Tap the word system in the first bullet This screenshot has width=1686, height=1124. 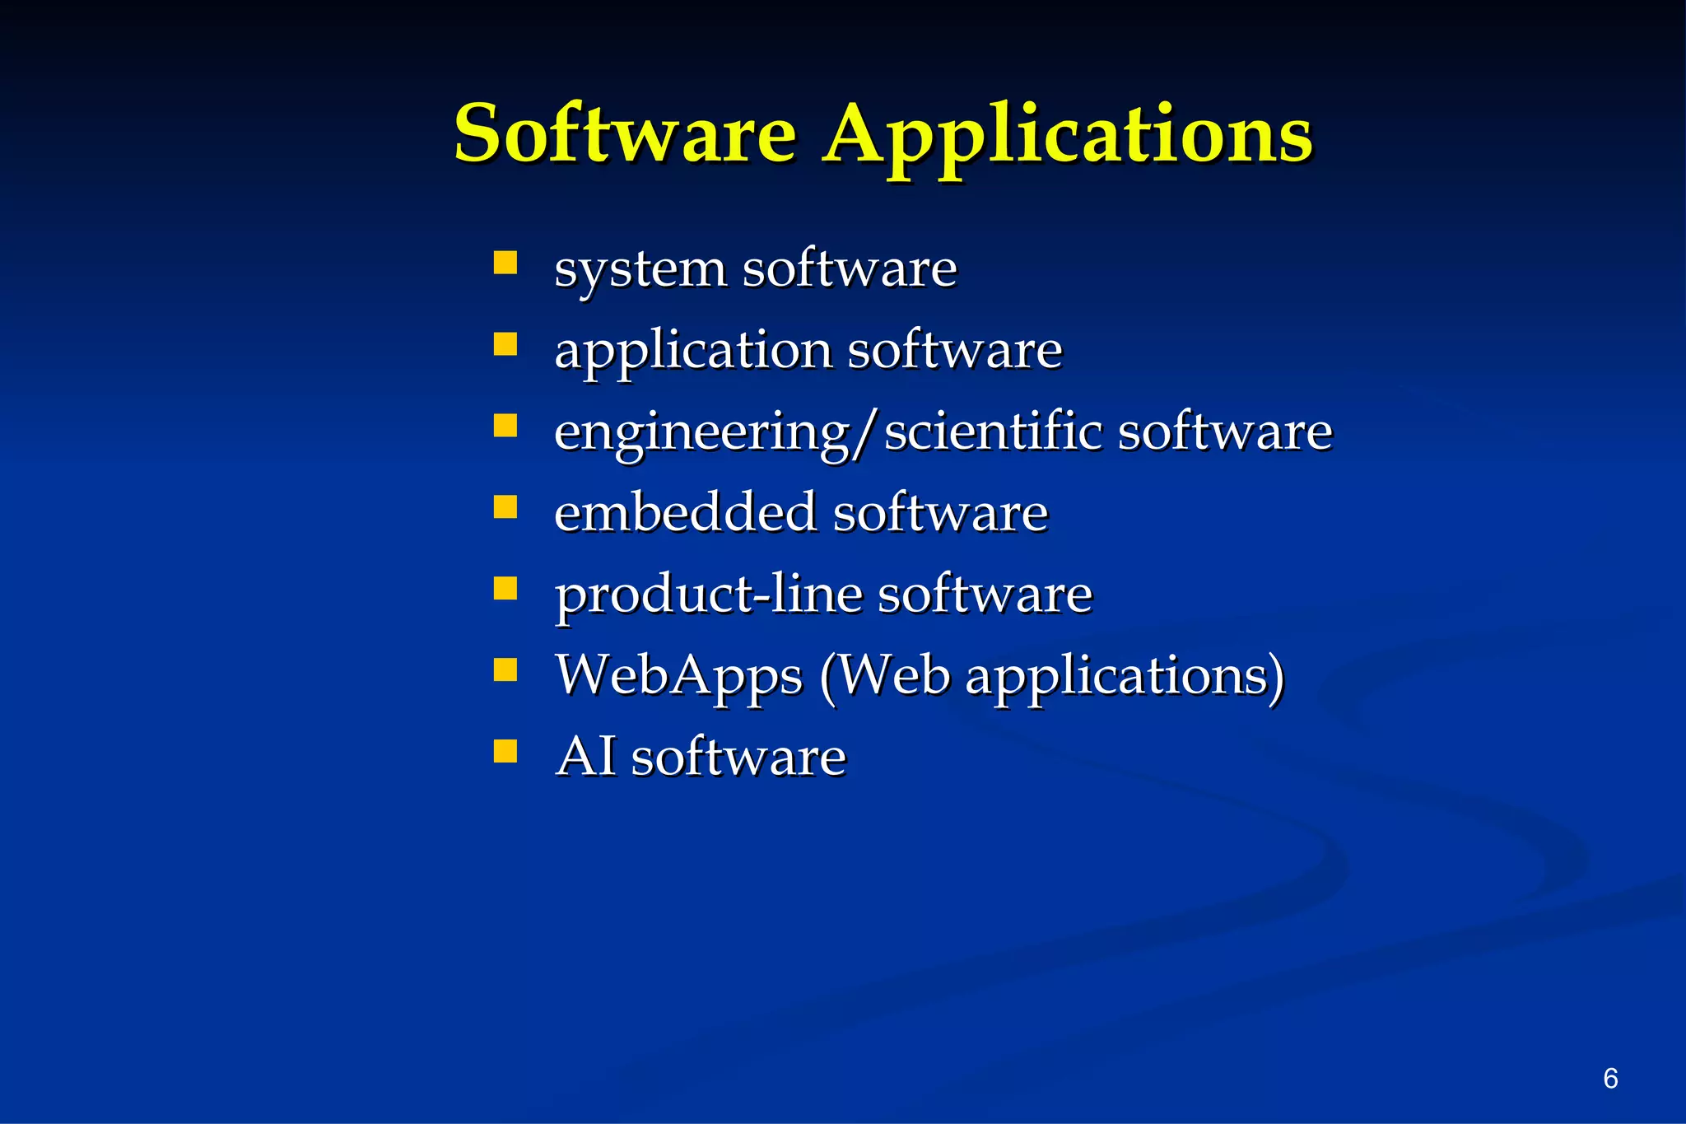[x=640, y=270]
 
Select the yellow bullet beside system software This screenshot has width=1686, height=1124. [x=505, y=263]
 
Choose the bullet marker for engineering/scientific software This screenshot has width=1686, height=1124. [x=505, y=425]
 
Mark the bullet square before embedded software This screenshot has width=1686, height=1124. [x=505, y=506]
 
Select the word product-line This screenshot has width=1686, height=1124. [x=708, y=595]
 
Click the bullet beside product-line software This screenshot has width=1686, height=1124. [x=505, y=588]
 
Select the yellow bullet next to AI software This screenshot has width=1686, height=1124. [x=505, y=751]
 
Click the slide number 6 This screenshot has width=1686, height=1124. [x=1610, y=1078]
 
